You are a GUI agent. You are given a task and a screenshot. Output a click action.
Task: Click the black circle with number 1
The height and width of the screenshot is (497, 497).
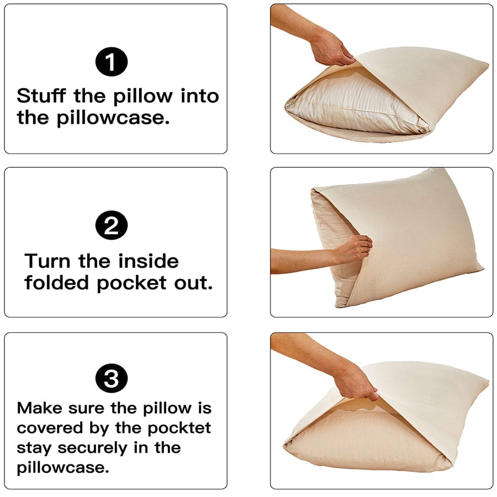click(x=112, y=62)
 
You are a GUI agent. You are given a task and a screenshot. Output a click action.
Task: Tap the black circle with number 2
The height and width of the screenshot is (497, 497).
click(x=112, y=226)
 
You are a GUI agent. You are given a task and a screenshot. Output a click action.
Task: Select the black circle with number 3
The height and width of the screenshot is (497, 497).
click(x=112, y=379)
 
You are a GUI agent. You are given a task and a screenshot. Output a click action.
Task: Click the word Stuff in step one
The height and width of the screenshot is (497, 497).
click(x=42, y=96)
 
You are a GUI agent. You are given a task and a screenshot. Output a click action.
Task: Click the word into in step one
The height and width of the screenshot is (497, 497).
click(x=200, y=96)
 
